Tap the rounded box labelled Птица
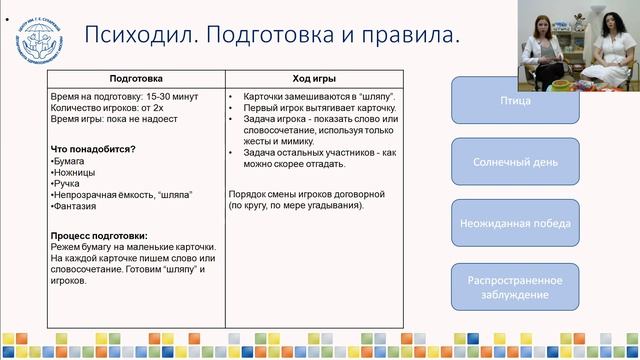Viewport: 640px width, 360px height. pyautogui.click(x=515, y=101)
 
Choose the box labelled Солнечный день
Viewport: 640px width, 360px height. pyautogui.click(x=515, y=159)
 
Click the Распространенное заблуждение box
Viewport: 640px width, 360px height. pyautogui.click(x=515, y=287)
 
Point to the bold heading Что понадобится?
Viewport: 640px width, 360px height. pyautogui.click(x=93, y=149)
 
